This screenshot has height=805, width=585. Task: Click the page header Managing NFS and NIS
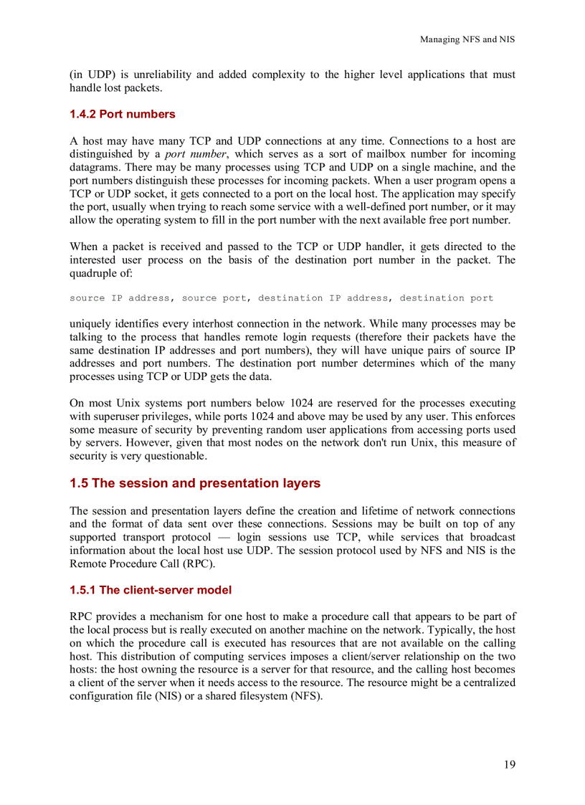[467, 39]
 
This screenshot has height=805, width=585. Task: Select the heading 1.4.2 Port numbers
[122, 114]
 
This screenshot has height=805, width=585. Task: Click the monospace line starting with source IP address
[281, 298]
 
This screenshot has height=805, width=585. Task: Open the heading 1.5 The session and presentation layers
[195, 483]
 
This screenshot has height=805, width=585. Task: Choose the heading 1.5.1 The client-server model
[151, 590]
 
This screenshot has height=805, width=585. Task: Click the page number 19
[508, 764]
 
